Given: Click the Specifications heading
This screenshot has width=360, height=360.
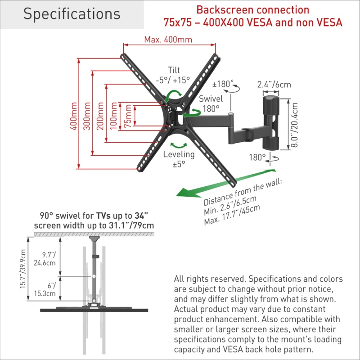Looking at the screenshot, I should [72, 14].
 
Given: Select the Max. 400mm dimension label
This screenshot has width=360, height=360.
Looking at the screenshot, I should [168, 39].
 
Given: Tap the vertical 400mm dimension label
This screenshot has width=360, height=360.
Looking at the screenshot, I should [73, 116].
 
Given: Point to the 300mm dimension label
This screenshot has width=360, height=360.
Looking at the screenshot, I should [87, 116].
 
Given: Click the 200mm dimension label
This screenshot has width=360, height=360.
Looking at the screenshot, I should [100, 116].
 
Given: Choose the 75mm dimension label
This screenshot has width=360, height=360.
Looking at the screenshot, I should [129, 116].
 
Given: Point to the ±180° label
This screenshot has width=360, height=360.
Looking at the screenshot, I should [223, 84].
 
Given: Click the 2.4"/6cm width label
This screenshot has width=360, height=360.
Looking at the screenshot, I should [274, 84].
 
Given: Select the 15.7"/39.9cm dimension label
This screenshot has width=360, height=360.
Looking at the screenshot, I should [23, 270].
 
